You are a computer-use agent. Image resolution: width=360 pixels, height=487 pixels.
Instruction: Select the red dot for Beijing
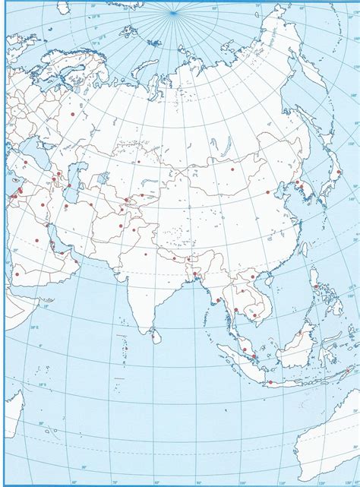(x=268, y=193)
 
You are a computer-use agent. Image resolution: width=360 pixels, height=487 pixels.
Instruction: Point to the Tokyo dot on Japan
(x=339, y=172)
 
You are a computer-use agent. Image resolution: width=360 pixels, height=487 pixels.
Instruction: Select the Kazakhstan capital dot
(x=138, y=162)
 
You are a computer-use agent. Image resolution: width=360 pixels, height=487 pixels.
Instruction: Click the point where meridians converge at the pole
(x=174, y=12)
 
